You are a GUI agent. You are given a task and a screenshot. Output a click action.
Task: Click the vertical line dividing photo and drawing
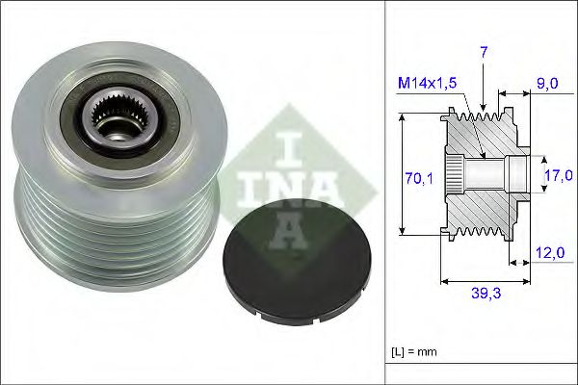coord(384,192)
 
